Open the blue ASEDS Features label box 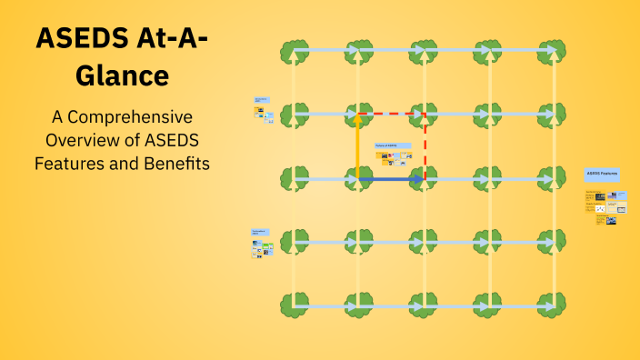pyautogui.click(x=602, y=173)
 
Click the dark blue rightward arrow pyautogui.click(x=391, y=180)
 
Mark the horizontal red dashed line pyautogui.click(x=391, y=115)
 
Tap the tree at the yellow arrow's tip pyautogui.click(x=358, y=115)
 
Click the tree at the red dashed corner pyautogui.click(x=424, y=115)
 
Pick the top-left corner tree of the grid pyautogui.click(x=293, y=50)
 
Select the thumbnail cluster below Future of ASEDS pyautogui.click(x=391, y=158)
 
